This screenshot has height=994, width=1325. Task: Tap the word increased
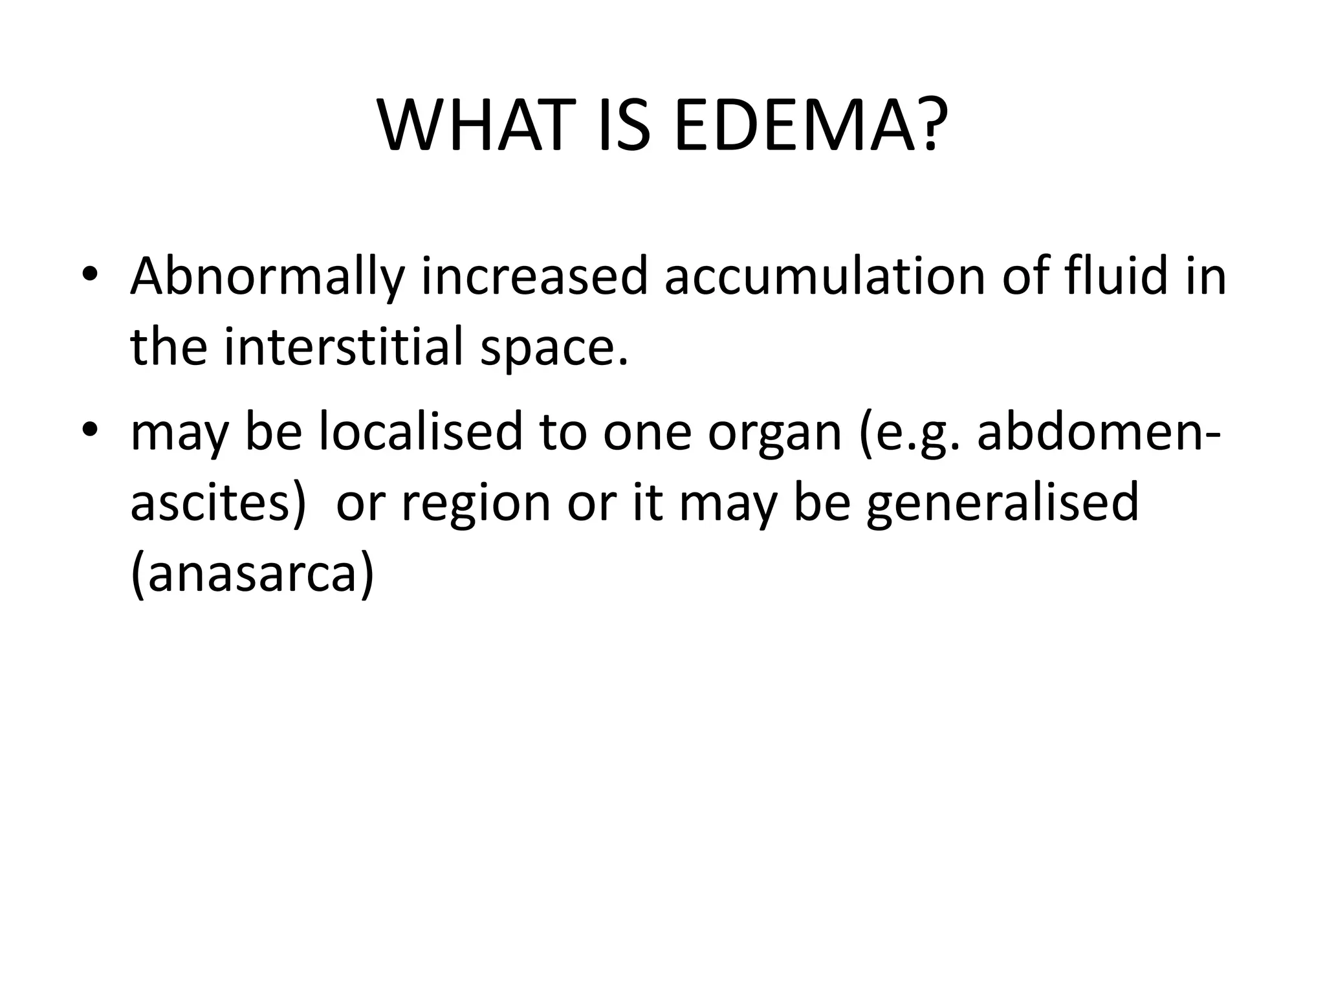click(534, 276)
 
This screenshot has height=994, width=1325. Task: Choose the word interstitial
click(344, 348)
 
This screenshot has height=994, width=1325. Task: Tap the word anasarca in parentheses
click(252, 575)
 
